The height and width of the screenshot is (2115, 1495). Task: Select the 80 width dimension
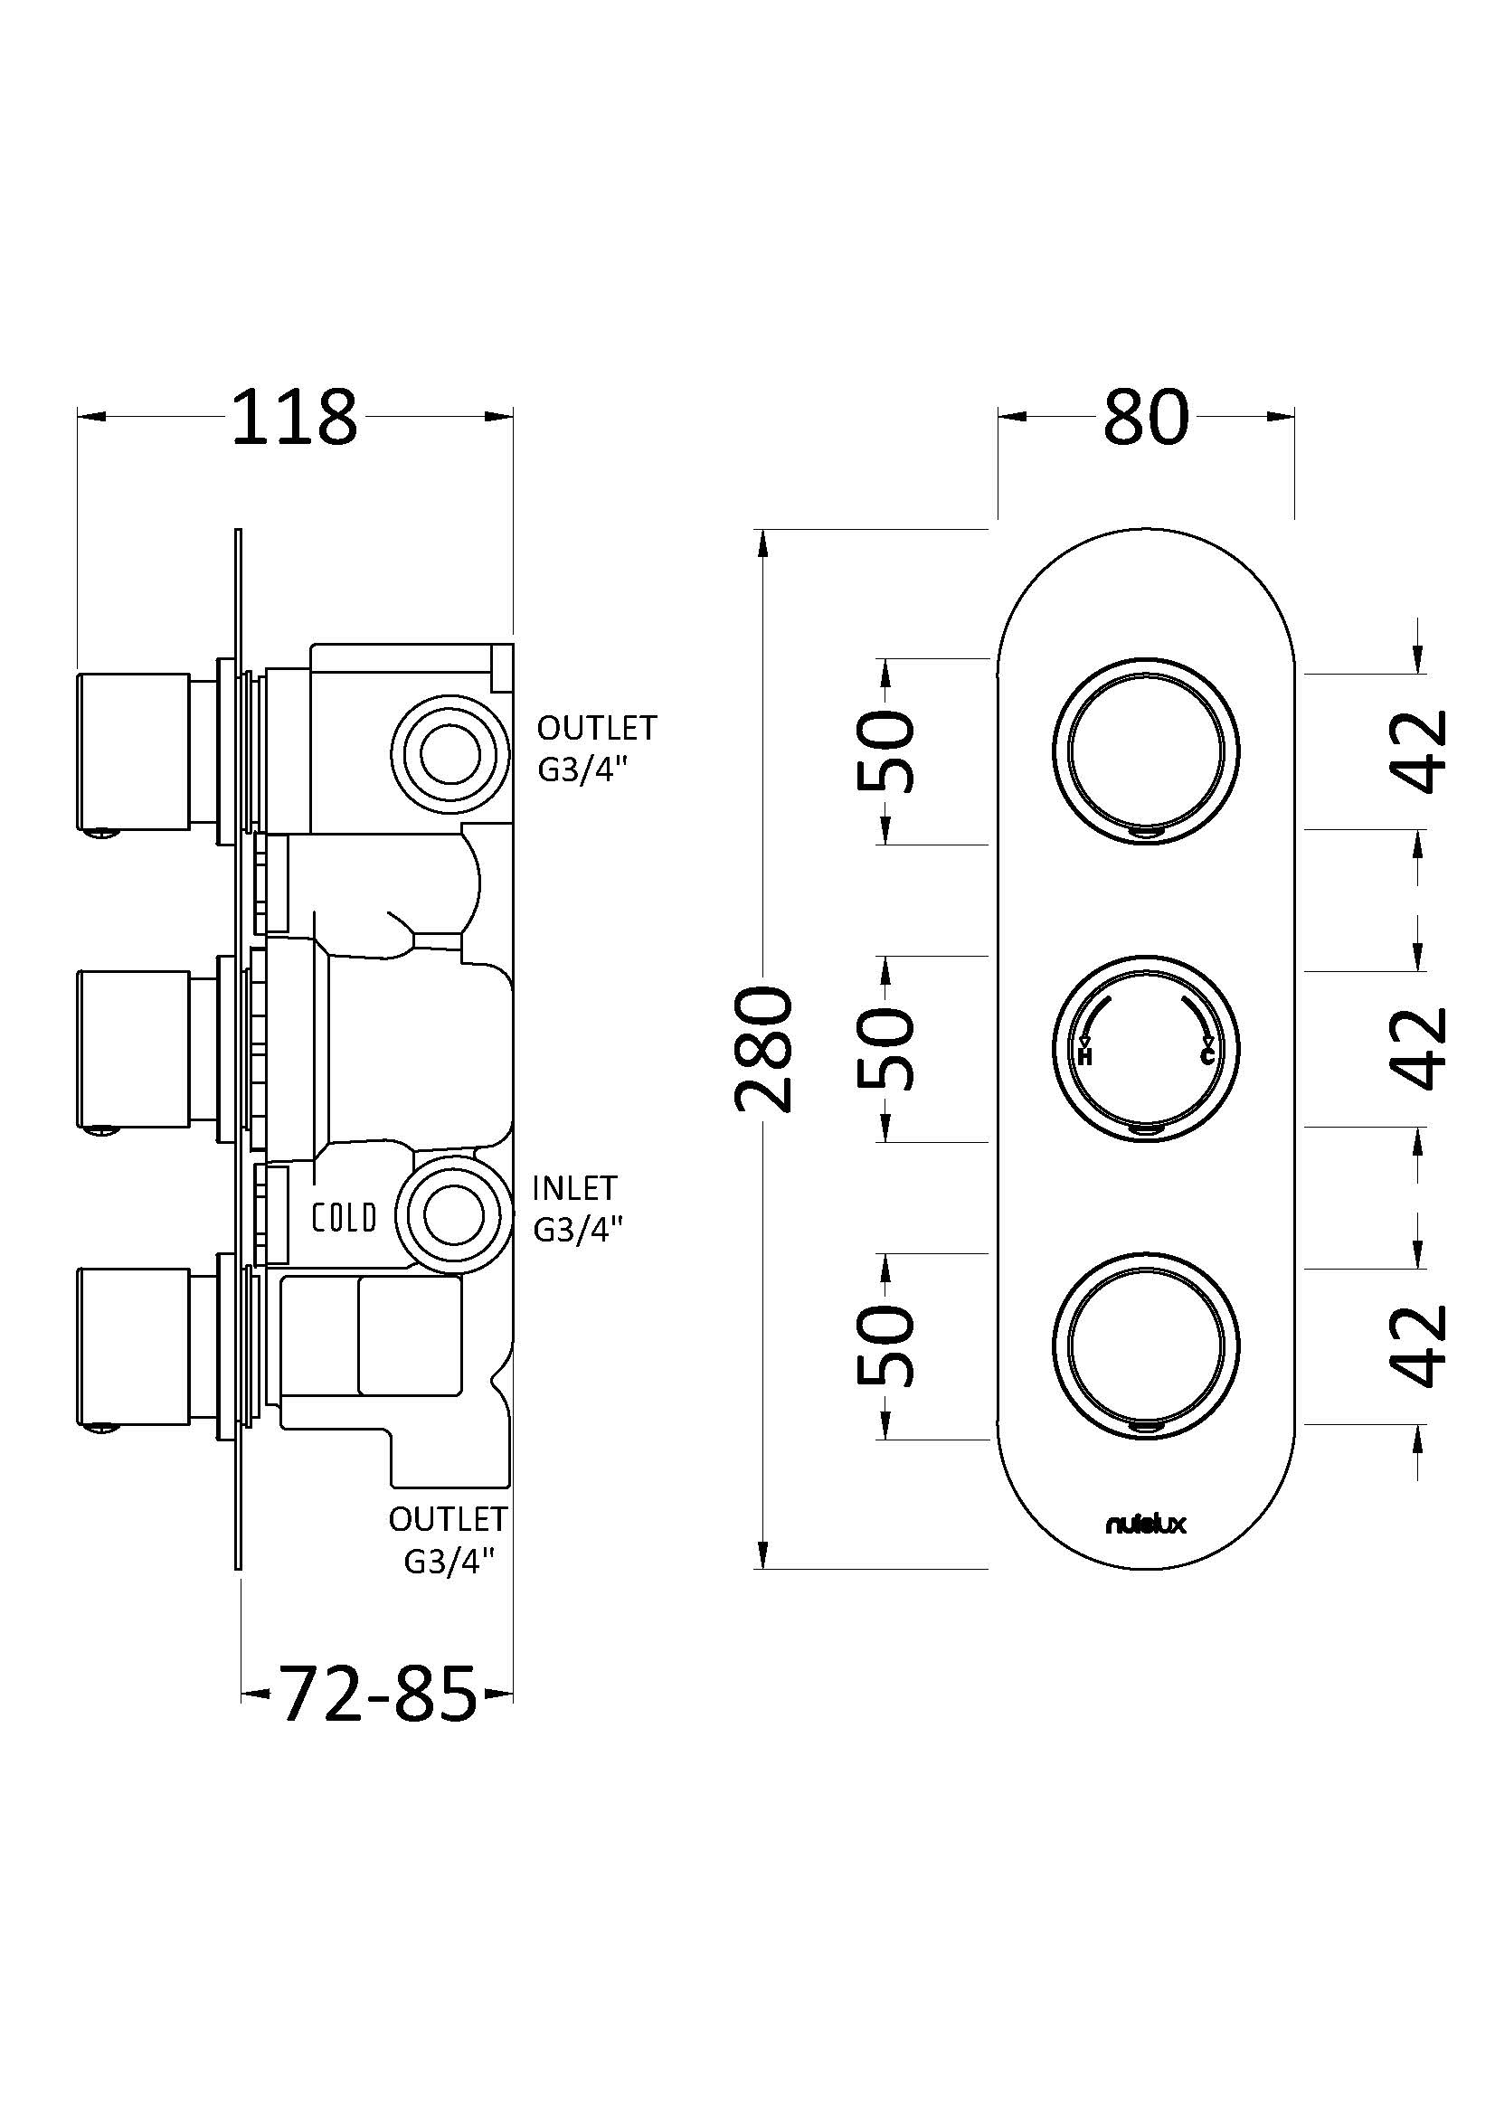coord(1146,417)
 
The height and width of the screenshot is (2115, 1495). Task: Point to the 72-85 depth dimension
coord(378,1693)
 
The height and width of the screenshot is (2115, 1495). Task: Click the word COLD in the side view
coord(344,1219)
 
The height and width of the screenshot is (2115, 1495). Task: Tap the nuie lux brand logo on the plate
coord(1145,1525)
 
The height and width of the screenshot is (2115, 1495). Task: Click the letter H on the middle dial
coord(1084,1056)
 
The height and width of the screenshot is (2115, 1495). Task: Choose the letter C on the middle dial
coord(1207,1056)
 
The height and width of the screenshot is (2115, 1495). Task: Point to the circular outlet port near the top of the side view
coord(449,753)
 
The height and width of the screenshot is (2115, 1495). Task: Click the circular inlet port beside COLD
coord(449,1215)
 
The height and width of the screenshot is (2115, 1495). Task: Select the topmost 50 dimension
coord(885,750)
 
